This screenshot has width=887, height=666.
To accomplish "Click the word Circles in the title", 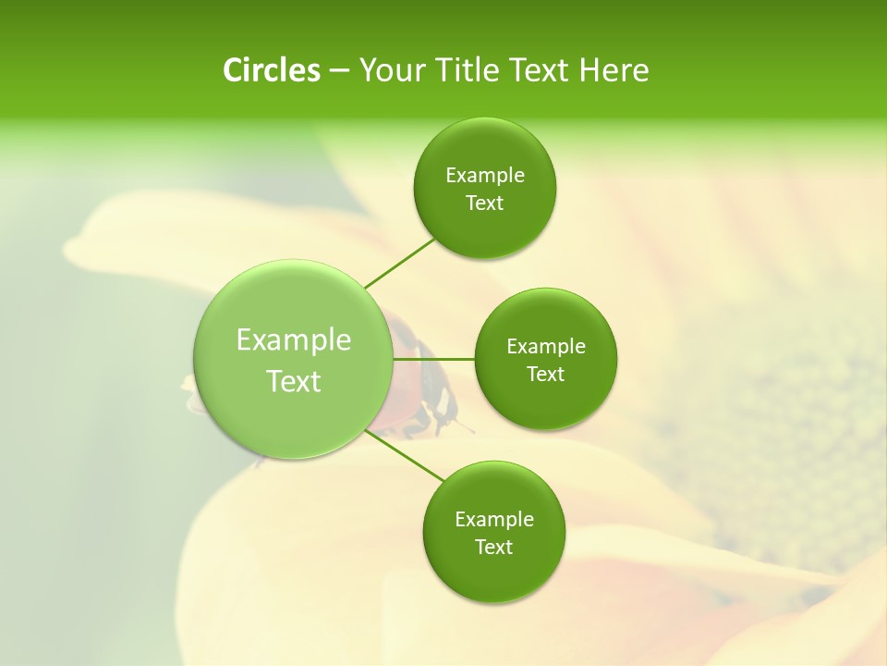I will click(x=271, y=70).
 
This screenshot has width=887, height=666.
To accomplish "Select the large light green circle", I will click(x=293, y=359).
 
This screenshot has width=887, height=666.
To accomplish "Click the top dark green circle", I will click(x=484, y=189).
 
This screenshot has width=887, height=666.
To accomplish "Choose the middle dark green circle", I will click(x=545, y=359).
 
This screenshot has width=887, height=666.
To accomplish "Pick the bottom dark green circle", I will click(x=493, y=532).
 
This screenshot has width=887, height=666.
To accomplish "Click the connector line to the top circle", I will click(x=399, y=264).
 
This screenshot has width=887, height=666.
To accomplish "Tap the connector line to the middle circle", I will click(x=433, y=359).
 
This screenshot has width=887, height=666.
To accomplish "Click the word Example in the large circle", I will click(x=293, y=340).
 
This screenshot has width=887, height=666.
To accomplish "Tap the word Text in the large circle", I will click(x=293, y=381).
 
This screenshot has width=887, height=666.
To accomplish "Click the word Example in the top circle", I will click(x=484, y=176).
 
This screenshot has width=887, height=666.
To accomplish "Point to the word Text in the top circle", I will click(x=484, y=203).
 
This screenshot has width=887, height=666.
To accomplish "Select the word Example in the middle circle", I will click(x=545, y=347).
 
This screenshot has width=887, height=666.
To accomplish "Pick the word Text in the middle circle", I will click(x=545, y=374).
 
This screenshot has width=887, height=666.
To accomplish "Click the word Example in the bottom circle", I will click(x=493, y=520).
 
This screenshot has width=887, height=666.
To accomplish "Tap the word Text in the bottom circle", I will click(x=493, y=548).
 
